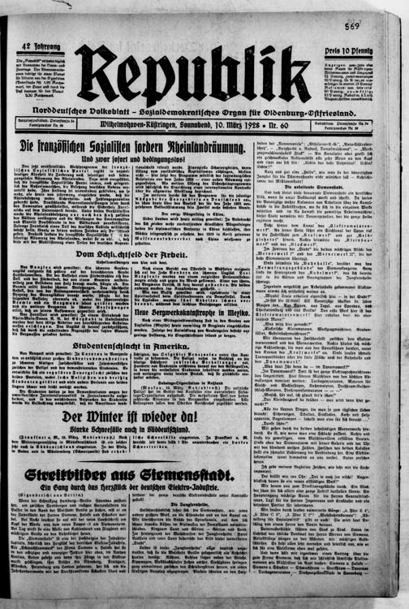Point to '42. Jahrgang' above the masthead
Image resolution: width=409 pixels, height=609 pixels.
click(x=37, y=46)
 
